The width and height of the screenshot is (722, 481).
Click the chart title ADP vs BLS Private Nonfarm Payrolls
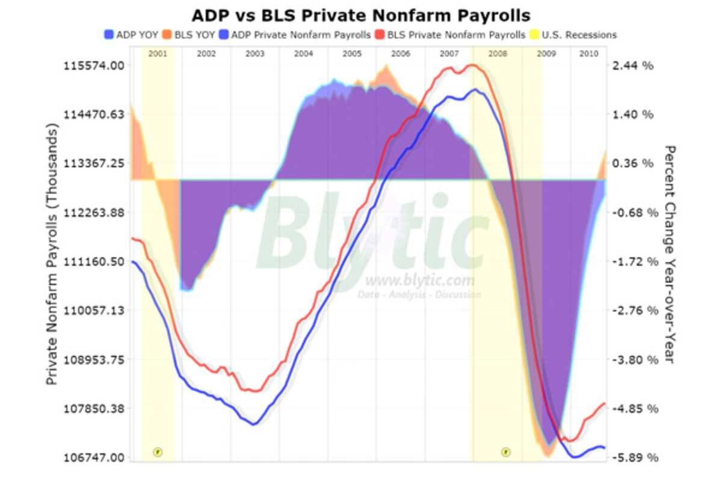(361, 14)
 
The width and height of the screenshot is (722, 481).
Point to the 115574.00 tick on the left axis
(93, 65)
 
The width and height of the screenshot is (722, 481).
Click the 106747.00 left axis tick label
(93, 458)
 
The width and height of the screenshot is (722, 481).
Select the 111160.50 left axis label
(93, 262)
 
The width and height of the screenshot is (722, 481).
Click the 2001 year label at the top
(158, 54)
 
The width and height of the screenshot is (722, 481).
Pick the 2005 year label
(352, 54)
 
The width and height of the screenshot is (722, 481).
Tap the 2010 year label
(588, 54)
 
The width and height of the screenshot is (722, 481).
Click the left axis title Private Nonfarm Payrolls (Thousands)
(52, 256)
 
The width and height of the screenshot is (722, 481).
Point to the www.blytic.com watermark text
(419, 281)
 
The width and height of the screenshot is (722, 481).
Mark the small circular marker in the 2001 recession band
(158, 452)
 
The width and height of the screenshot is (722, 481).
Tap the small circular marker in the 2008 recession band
(505, 452)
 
